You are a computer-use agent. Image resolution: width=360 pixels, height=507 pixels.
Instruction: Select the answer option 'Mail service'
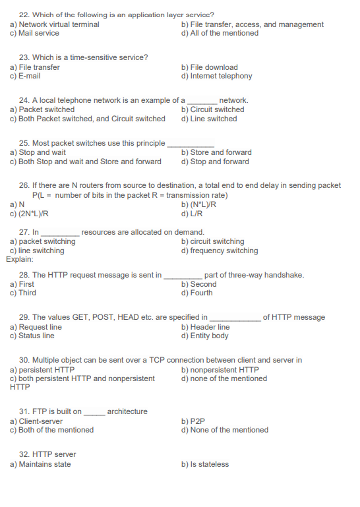(x=38, y=33)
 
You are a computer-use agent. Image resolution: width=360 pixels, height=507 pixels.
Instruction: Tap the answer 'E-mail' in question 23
(x=29, y=76)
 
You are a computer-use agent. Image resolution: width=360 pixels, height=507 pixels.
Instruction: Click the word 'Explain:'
(x=19, y=259)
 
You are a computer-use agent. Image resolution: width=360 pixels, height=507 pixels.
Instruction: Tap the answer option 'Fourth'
(x=201, y=293)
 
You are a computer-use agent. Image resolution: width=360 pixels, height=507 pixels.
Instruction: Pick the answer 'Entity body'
(x=209, y=336)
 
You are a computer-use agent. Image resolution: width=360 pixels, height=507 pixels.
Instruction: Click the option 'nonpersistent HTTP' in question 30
(x=224, y=370)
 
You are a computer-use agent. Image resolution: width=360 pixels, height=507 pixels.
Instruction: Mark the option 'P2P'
(x=197, y=421)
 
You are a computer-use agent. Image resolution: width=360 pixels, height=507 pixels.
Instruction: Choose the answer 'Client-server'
(x=40, y=421)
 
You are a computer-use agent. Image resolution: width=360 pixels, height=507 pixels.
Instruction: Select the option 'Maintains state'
(x=44, y=464)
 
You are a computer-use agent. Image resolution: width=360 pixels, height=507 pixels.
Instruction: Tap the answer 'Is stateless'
(x=209, y=464)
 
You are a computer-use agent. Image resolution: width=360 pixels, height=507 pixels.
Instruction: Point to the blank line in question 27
(x=61, y=233)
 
